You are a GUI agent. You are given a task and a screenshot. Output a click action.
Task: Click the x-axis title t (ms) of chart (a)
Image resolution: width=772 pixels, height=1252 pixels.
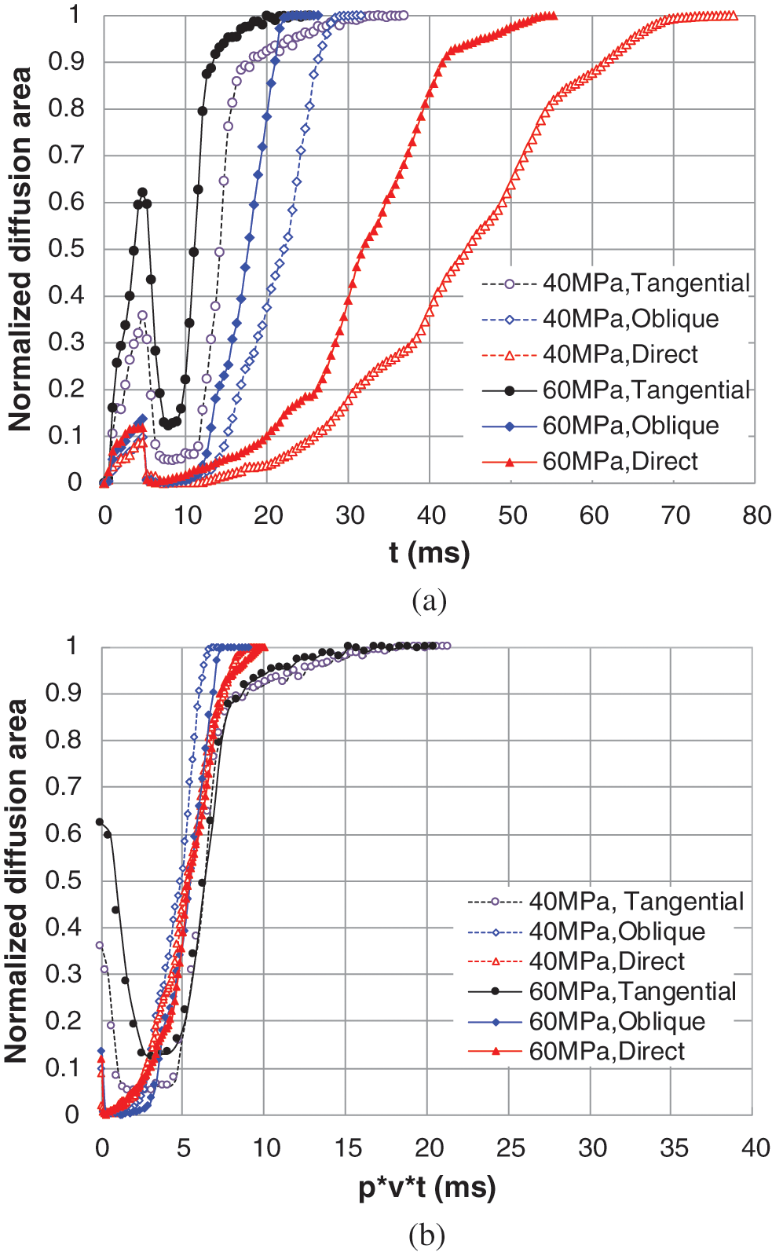pos(429,553)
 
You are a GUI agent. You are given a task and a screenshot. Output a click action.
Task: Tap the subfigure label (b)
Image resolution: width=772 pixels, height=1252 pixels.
pos(427,1236)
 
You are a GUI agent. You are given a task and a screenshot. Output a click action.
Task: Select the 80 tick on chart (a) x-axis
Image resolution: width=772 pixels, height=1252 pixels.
pos(756,515)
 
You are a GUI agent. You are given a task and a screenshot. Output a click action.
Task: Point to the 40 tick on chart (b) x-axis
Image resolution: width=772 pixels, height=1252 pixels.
pos(755,1148)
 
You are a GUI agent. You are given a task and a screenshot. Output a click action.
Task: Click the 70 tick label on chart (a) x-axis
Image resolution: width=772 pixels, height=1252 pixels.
pos(675,515)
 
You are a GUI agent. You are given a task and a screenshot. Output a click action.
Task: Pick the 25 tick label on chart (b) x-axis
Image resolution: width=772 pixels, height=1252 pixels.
pos(510,1148)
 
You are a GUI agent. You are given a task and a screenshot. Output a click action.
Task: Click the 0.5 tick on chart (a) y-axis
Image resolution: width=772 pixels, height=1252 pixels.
pos(66,248)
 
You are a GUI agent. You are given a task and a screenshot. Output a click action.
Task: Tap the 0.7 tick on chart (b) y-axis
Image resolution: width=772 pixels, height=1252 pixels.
pos(64,786)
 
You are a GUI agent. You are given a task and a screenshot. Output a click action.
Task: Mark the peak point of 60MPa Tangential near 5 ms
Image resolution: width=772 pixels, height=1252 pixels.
pos(142,192)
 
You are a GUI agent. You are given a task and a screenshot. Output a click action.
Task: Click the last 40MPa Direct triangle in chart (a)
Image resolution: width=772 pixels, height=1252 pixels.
pos(734,15)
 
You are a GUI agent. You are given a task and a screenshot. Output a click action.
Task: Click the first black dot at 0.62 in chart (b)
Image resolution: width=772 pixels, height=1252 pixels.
pos(100,822)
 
